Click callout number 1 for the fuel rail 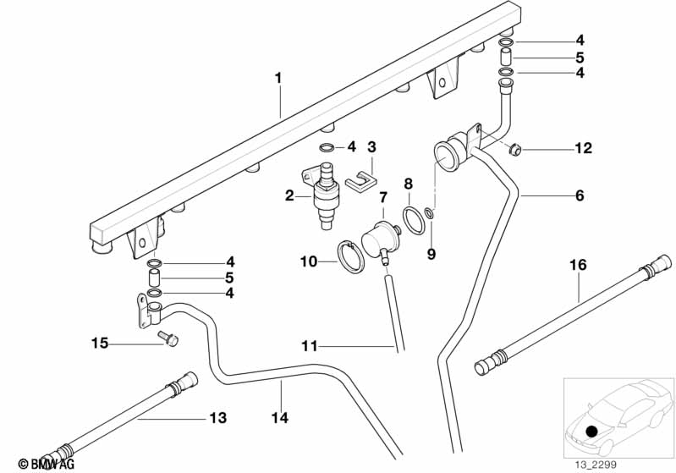[x=278, y=78]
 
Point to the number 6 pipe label [x=580, y=196]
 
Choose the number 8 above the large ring [x=408, y=183]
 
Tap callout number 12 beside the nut [x=583, y=150]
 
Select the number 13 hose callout [x=218, y=418]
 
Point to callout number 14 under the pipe [x=280, y=418]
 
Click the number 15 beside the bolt [x=101, y=343]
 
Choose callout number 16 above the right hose [x=577, y=265]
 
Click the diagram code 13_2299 [x=598, y=463]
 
